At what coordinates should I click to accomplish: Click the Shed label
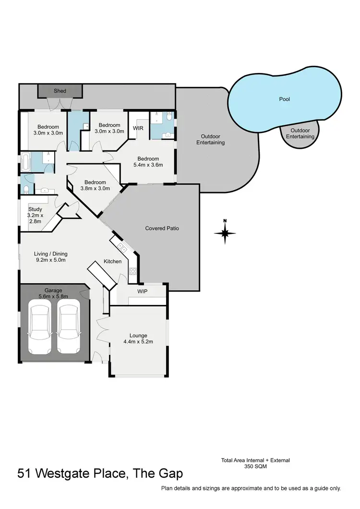pos(60,91)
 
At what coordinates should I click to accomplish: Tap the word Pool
pos(285,99)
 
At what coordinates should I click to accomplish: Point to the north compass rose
pos(225,232)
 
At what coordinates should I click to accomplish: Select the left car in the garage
pos(39,325)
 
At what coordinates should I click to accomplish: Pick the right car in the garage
pos(68,325)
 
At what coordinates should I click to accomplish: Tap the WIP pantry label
pos(142,291)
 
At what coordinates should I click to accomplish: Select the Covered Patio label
pos(162,228)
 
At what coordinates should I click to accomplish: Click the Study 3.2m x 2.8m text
pos(35,216)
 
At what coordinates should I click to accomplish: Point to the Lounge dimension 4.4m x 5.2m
pos(138,342)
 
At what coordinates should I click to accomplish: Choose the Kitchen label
pos(113,261)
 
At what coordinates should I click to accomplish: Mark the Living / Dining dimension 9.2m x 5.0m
pos(50,260)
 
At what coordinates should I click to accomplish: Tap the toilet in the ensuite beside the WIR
pos(168,116)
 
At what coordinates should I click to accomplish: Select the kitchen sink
pos(122,248)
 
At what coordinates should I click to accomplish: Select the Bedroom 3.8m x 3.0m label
pos(95,185)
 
